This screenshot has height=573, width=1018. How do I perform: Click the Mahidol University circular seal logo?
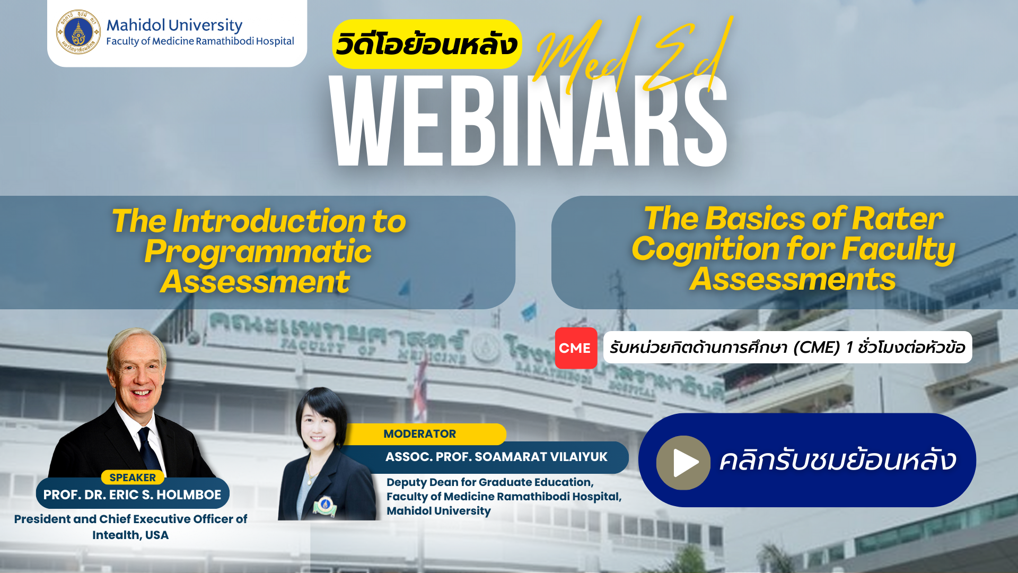[78, 32]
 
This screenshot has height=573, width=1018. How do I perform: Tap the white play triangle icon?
[686, 463]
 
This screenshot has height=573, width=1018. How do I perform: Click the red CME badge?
[576, 348]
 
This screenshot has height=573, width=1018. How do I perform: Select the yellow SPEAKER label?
[133, 477]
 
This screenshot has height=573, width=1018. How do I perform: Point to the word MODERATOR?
[419, 434]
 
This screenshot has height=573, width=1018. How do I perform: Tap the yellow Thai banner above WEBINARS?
[427, 44]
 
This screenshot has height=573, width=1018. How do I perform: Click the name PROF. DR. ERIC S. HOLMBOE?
[132, 494]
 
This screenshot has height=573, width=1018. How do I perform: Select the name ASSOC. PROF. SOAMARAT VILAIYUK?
[496, 457]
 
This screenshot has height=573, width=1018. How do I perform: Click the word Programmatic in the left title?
[258, 251]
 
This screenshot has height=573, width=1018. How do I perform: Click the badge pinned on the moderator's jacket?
[324, 506]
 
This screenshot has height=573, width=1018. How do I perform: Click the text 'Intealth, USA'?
[130, 535]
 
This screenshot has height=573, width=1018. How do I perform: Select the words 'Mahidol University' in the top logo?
[174, 25]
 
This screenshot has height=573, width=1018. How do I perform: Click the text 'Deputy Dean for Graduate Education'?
[490, 482]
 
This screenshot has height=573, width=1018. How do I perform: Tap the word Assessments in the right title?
[793, 279]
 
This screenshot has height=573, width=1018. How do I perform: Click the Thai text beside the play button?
[838, 459]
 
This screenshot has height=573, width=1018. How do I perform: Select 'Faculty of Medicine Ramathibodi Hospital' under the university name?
[200, 41]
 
